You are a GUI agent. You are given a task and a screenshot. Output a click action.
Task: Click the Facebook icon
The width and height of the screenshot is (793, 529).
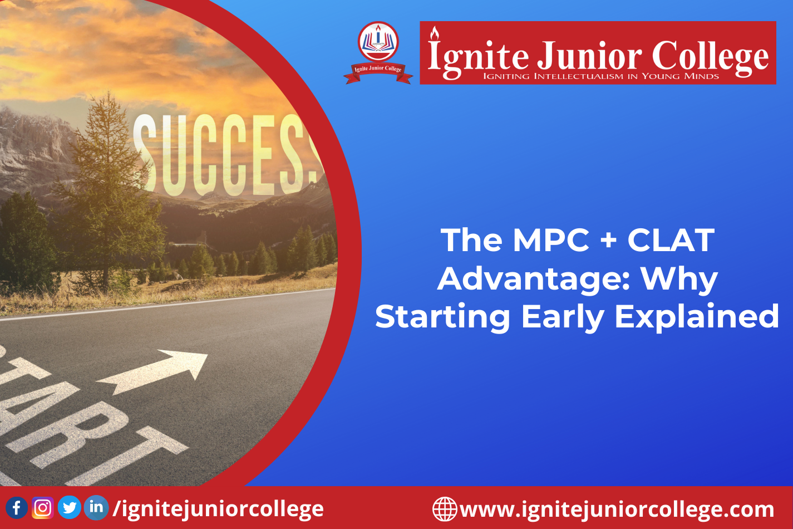pos(17,508)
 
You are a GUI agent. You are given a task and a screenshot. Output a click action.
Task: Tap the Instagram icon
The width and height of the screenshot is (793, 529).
pos(43,508)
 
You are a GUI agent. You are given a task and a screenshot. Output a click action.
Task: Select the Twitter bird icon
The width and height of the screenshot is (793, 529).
pos(70,508)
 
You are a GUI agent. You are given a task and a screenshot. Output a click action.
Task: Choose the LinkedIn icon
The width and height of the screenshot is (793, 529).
pos(96,508)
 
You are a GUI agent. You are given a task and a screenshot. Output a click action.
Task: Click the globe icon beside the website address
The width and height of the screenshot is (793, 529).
pos(445,509)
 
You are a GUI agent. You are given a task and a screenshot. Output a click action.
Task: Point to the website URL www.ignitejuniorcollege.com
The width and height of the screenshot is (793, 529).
pos(617,510)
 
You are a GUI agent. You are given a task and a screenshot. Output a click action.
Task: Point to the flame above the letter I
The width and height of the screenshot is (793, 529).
pos(435,33)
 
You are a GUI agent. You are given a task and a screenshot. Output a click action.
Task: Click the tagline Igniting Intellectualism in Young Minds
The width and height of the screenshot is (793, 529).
pos(601,76)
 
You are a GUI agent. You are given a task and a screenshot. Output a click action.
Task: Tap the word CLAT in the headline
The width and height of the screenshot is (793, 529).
pos(671,240)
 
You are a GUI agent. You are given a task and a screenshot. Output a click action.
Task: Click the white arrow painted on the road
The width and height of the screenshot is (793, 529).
pos(152,371)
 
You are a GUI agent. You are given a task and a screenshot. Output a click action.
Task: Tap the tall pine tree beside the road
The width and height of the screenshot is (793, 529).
pos(106,192)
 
